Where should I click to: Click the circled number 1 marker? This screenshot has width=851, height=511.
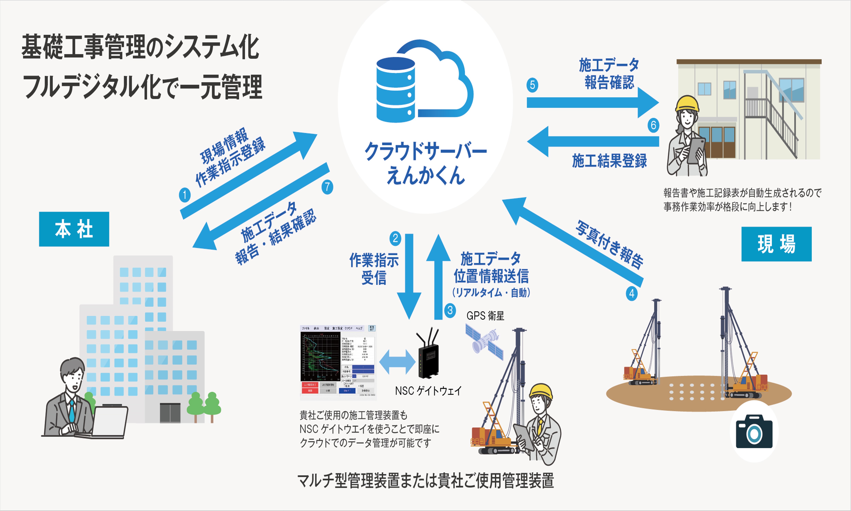pyautogui.click(x=185, y=195)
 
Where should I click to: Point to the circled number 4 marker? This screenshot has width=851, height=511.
pyautogui.click(x=631, y=294)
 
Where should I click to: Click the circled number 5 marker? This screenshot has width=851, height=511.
pyautogui.click(x=532, y=85)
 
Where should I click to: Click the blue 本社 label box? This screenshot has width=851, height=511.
pyautogui.click(x=74, y=229)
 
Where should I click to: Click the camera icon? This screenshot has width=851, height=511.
pyautogui.click(x=754, y=431)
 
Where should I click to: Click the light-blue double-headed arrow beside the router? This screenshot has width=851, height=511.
pyautogui.click(x=397, y=362)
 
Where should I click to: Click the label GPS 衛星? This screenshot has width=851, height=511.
pyautogui.click(x=485, y=316)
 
